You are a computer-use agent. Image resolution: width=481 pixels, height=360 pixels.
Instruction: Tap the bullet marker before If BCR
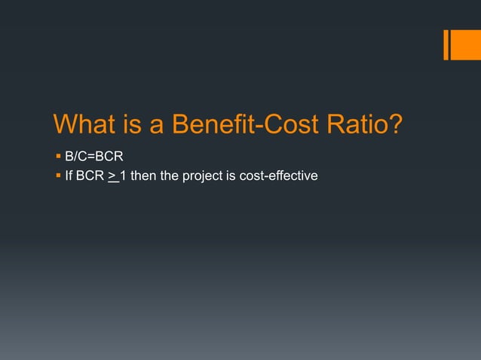point(57,176)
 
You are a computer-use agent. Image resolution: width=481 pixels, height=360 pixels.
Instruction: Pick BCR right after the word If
point(90,176)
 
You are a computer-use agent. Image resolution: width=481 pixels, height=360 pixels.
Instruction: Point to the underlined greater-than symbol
point(112,176)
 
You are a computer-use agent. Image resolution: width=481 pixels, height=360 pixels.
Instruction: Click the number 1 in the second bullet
point(123,176)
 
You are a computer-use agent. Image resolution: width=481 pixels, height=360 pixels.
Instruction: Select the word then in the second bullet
point(143,176)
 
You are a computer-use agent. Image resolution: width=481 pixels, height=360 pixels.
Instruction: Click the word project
point(201,176)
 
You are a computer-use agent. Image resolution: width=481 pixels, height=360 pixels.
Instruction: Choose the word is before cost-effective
point(228,176)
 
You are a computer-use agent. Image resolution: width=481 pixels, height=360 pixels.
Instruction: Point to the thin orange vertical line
point(446,44)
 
